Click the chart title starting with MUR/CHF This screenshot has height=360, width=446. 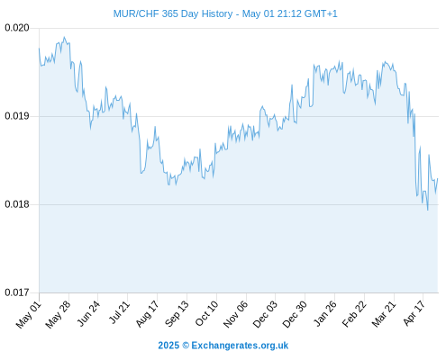point(225,13)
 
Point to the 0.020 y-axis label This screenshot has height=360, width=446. point(17,28)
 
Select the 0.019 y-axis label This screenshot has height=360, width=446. point(17,116)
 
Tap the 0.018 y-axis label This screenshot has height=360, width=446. point(17,204)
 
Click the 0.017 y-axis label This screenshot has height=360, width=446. point(17,292)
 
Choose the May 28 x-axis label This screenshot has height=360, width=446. point(59,314)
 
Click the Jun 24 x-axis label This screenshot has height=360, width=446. point(88,314)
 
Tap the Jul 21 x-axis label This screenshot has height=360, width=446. point(119,312)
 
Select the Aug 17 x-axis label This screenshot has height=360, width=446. point(147,314)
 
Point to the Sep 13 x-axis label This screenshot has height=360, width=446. point(177,314)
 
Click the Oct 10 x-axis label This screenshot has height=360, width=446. point(206,313)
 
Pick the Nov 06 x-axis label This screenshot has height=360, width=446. point(235,314)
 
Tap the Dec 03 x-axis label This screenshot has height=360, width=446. point(265,314)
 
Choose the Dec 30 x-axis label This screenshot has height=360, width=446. point(295,314)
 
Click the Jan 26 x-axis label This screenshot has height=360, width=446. point(324,314)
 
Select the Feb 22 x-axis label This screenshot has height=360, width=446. point(354,314)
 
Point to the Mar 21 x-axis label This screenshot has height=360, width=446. point(384,314)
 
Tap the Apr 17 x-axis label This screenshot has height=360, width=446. point(414,313)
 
